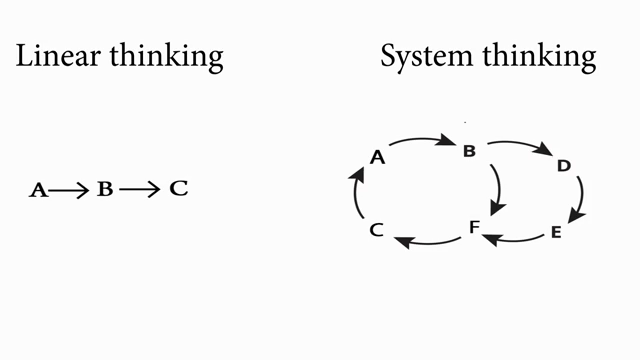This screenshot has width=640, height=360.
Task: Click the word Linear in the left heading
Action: tap(58, 56)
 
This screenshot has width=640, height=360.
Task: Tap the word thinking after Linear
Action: tap(167, 58)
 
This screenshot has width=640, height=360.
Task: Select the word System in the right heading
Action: tap(427, 58)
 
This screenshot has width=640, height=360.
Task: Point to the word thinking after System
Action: tap(539, 58)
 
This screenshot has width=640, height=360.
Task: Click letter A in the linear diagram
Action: tap(38, 190)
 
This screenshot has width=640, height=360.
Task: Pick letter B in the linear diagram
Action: tap(105, 189)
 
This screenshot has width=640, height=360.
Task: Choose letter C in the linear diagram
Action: tap(179, 189)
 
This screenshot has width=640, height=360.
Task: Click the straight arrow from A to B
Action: tap(69, 190)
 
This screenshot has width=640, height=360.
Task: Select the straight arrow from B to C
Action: tap(140, 189)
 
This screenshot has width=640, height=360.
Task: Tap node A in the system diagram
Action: tap(378, 157)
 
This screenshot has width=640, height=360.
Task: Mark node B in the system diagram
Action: tap(469, 151)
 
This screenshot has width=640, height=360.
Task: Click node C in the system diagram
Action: tap(376, 230)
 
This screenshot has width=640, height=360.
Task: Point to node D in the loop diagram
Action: tap(564, 166)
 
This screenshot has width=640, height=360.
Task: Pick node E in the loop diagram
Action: tap(556, 232)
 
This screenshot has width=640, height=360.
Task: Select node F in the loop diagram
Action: tap(474, 227)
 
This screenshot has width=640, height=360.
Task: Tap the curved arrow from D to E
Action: tap(582, 196)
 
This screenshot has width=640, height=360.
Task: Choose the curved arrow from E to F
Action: tap(513, 240)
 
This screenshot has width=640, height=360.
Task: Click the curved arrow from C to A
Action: tap(354, 194)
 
